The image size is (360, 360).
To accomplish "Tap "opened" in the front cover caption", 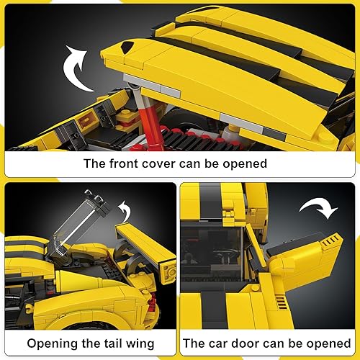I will click(x=243, y=163).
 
